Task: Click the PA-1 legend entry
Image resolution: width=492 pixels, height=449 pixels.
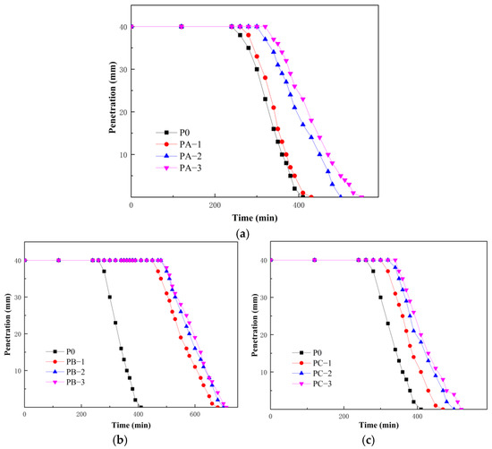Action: (x=179, y=144)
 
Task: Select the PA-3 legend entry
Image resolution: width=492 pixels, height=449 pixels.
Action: (x=179, y=168)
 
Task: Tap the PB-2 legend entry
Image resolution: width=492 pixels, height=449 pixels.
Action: (x=65, y=372)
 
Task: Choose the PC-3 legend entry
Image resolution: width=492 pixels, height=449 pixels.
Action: (x=312, y=384)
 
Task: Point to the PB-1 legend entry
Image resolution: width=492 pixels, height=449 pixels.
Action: (x=65, y=361)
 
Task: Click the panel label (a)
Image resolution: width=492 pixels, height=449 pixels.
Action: (x=242, y=234)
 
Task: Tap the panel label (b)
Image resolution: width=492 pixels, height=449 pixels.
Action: (x=120, y=441)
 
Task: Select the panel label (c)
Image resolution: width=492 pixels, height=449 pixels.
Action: (x=368, y=441)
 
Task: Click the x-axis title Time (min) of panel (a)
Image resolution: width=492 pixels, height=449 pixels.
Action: (x=255, y=218)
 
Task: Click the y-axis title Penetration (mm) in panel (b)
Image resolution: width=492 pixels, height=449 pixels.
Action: (x=7, y=324)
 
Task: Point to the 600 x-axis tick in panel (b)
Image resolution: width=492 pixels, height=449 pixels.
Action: (x=194, y=414)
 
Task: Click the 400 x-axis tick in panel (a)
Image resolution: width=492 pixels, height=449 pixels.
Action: (x=299, y=205)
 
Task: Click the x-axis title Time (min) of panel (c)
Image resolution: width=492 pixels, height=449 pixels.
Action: (x=378, y=426)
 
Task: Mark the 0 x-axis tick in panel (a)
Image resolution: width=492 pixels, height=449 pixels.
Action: (x=131, y=205)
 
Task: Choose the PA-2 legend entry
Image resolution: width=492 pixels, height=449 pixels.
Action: (x=179, y=156)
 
